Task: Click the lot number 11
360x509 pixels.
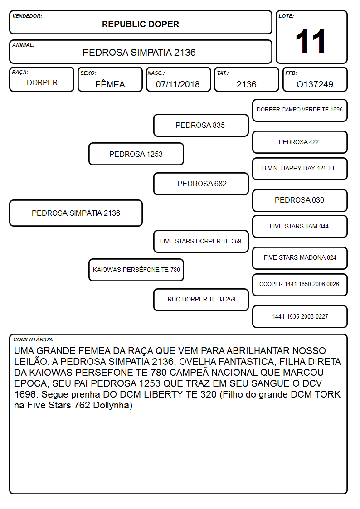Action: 310,42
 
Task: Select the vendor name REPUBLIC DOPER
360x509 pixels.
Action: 141,24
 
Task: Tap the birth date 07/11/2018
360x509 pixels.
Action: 178,84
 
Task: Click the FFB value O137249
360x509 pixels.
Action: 315,84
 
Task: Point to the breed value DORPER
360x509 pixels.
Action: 42,83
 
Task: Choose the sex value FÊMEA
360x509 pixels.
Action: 110,84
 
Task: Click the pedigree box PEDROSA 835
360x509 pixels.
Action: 201,125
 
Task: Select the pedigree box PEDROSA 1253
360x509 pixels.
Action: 136,154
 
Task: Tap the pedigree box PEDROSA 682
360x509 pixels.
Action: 201,184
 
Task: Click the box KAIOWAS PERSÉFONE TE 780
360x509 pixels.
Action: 136,270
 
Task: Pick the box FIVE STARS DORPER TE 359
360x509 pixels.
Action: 201,241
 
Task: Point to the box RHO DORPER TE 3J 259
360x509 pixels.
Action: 201,300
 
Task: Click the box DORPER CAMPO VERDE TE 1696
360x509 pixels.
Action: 300,111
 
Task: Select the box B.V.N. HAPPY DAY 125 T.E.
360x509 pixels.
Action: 300,169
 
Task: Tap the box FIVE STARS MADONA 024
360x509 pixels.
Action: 300,258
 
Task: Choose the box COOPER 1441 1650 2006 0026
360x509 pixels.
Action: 300,285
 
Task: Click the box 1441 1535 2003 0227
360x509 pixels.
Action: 300,316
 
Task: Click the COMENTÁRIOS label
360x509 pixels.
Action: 34,339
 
